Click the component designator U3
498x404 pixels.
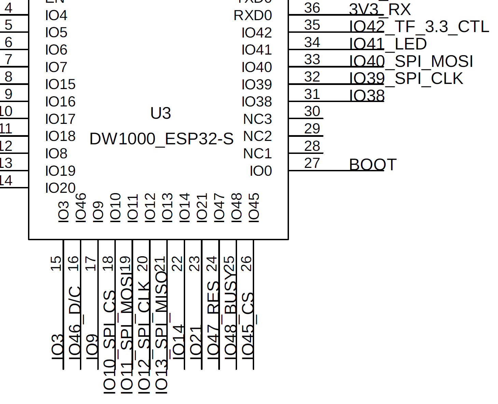pos(161,113)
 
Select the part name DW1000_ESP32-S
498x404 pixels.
pos(161,139)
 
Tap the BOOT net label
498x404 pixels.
pos(373,165)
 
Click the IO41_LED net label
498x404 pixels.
pos(388,44)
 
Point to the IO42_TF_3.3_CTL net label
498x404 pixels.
pos(419,27)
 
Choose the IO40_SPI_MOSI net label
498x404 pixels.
pos(411,61)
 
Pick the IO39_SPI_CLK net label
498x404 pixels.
pos(406,78)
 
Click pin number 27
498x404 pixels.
pos(312,163)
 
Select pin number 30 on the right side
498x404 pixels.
pos(312,111)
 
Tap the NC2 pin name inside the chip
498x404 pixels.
pos(258,136)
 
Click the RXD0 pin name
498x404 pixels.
pos(253,16)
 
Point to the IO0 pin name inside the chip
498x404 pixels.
pos(261,171)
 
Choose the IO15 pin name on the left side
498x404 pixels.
pos(60,85)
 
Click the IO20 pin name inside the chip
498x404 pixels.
pos(60,188)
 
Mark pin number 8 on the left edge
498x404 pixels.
pos(9,77)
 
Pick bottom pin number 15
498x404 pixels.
pos(56,263)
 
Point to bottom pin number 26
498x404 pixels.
pos(246,263)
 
